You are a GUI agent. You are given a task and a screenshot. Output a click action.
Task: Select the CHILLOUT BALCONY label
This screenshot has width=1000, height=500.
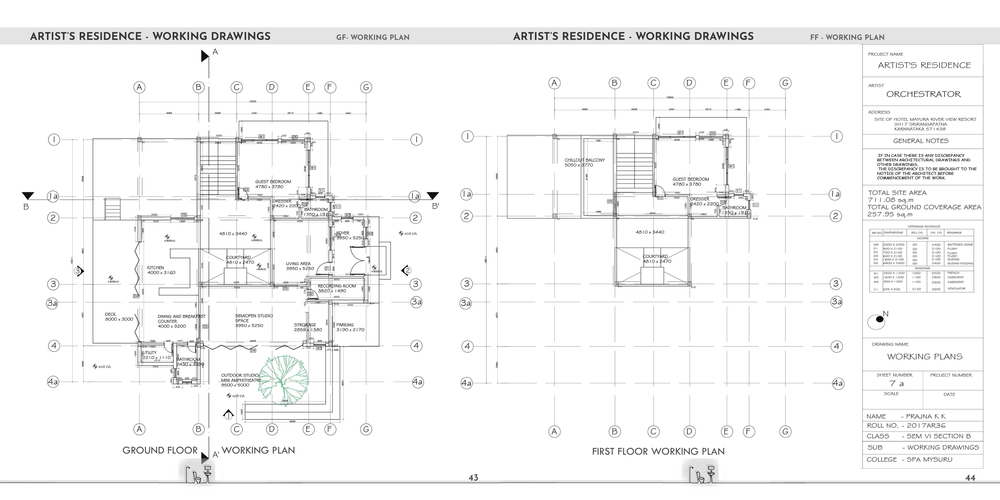(x=585, y=160)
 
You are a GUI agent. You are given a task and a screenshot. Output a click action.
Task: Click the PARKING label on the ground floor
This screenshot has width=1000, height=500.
(x=345, y=325)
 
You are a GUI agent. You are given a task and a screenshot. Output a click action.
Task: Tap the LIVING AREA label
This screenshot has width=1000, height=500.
(x=298, y=264)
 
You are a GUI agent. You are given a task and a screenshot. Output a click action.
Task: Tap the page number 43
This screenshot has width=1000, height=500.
(x=473, y=478)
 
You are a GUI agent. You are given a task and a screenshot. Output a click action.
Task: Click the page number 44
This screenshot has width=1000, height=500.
(x=970, y=478)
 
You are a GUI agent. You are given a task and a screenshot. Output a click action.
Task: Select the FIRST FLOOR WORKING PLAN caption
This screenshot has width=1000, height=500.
(x=658, y=452)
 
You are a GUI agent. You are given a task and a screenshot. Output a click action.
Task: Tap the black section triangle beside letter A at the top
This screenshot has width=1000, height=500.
(x=205, y=56)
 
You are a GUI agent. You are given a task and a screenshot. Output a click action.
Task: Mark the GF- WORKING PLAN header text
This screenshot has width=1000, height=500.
(x=373, y=37)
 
